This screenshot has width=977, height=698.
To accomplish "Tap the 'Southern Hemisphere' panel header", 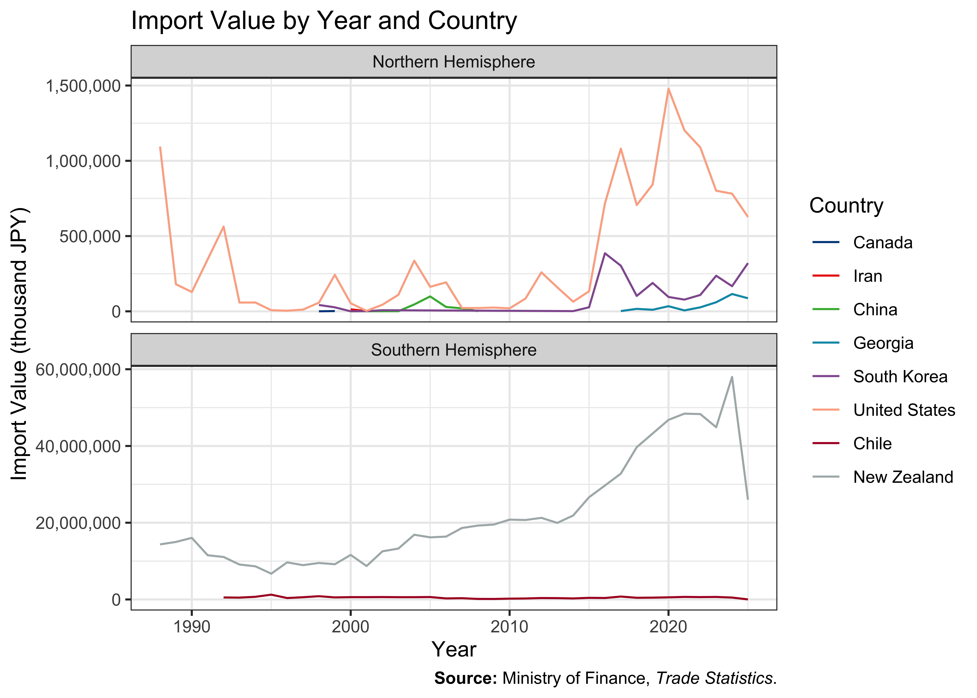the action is (454, 350).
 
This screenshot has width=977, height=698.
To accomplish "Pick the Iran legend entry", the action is (847, 276).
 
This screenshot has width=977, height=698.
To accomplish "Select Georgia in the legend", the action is (863, 343).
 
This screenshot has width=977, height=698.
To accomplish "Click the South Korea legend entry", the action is (879, 376).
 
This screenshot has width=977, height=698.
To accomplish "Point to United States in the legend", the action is (883, 410).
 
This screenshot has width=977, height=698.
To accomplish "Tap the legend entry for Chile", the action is (852, 444).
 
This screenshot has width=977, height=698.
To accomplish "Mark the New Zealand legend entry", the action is (882, 477).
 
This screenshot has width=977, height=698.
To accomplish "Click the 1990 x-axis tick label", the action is (192, 627).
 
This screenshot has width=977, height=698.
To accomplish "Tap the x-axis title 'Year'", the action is (454, 649).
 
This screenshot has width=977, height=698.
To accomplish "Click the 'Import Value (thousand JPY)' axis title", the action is (19, 344).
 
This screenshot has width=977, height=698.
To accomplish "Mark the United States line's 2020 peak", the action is (668, 89).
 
